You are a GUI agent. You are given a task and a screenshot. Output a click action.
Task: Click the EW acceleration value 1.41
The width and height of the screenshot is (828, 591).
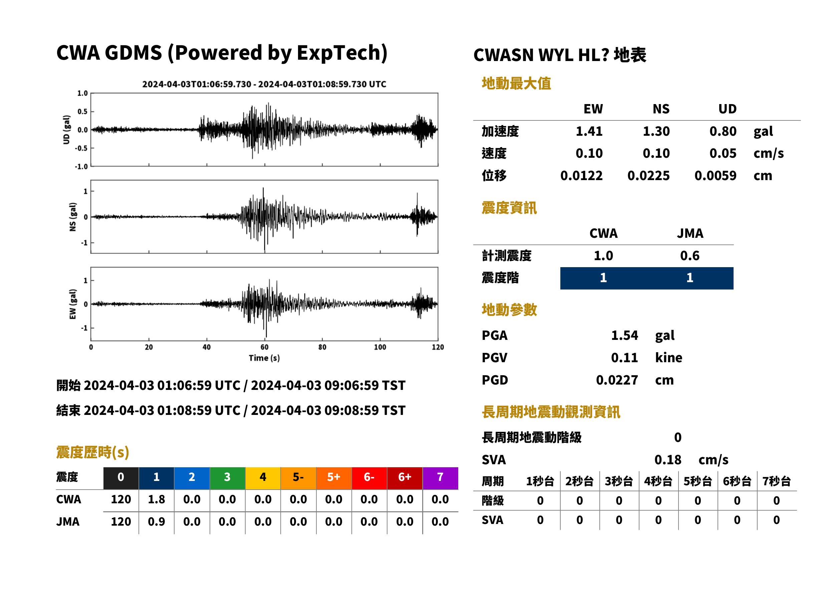589,131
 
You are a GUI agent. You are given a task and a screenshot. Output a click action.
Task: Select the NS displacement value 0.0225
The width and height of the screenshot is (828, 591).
648,176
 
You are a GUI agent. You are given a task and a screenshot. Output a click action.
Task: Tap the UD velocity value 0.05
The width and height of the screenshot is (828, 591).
723,153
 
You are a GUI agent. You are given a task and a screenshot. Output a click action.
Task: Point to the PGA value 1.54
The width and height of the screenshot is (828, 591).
624,335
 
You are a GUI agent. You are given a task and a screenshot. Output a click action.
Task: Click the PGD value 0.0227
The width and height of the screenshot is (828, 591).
617,380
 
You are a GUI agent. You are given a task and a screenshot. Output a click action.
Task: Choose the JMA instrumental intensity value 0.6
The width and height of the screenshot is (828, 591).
689,255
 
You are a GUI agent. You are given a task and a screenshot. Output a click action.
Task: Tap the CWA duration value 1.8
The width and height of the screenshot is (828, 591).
156,499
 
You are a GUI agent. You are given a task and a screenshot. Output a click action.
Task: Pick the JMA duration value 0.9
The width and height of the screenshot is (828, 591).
156,522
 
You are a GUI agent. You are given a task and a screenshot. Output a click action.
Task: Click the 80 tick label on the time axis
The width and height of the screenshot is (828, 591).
322,347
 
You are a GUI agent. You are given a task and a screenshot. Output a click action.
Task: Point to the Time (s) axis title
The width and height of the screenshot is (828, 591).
264,358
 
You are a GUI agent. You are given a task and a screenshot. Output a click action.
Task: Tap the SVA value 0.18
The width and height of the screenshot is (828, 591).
668,460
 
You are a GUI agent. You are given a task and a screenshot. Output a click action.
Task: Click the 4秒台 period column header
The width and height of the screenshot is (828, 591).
658,481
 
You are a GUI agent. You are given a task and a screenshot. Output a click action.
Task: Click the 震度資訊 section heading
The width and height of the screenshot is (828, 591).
509,208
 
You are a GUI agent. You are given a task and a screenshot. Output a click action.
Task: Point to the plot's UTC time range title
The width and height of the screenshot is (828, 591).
264,84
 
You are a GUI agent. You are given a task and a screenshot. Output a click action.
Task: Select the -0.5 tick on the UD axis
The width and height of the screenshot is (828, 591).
81,148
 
